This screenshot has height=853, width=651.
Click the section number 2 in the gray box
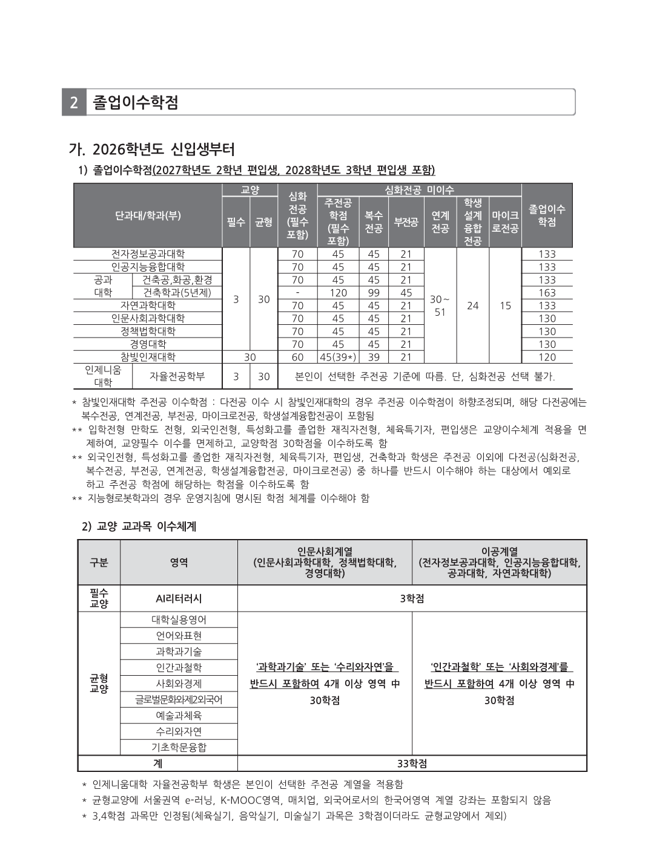(x=74, y=102)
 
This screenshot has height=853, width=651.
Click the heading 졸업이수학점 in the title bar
(x=136, y=102)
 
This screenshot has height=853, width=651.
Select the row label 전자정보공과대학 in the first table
(x=148, y=254)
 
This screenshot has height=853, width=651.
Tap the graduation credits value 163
(x=547, y=293)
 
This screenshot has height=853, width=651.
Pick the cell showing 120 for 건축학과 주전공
(x=338, y=293)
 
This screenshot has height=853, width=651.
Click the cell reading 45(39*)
(x=338, y=357)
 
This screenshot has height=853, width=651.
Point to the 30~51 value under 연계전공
(x=440, y=306)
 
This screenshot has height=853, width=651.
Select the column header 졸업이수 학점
(x=547, y=215)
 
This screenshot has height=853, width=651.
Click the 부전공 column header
(x=406, y=222)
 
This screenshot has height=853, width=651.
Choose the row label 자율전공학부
(x=177, y=376)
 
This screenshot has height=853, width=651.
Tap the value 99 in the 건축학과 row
(x=374, y=293)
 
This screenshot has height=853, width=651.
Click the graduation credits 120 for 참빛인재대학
(x=547, y=357)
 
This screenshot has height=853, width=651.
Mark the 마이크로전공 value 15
(x=505, y=306)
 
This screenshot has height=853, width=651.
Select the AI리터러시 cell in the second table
(x=179, y=598)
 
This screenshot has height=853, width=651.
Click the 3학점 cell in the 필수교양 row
(x=412, y=598)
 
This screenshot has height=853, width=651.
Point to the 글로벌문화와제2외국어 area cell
(x=179, y=699)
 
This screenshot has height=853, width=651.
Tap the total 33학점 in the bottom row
(x=412, y=763)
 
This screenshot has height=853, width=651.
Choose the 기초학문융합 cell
(x=179, y=747)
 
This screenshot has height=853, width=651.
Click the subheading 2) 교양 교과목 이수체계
(x=139, y=526)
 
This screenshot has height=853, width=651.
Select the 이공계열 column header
(x=499, y=562)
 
